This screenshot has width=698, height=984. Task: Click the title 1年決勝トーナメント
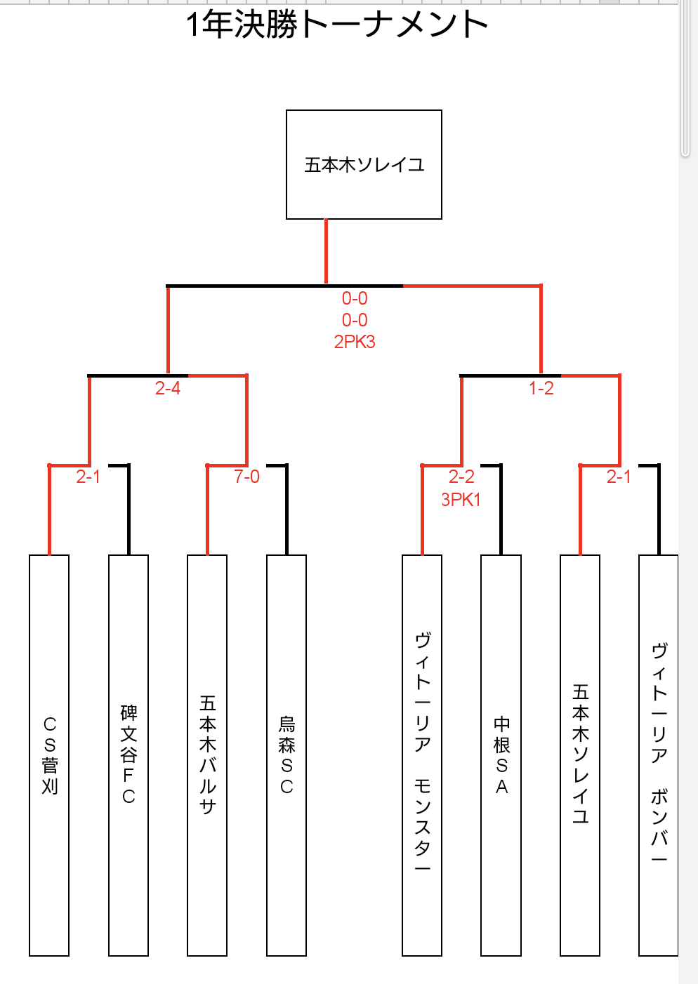(x=336, y=25)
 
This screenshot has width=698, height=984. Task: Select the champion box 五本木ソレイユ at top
(x=364, y=164)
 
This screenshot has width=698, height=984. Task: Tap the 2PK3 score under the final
(x=355, y=342)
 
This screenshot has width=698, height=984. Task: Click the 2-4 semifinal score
(x=167, y=388)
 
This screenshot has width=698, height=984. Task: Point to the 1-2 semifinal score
(x=541, y=388)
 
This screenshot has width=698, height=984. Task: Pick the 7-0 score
(x=246, y=477)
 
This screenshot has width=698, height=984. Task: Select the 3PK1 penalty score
(x=461, y=500)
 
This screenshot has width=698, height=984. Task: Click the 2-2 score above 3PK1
(x=461, y=477)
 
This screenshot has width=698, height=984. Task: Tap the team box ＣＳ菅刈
(x=49, y=755)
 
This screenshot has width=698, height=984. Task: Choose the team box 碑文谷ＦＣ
(x=129, y=755)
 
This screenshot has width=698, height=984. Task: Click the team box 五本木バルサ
(x=207, y=755)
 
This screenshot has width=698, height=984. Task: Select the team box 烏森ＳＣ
(x=286, y=755)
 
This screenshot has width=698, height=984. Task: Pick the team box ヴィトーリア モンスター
(x=422, y=755)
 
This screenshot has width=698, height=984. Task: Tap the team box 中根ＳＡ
(x=501, y=755)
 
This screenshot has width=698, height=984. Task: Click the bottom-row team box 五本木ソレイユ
(x=580, y=755)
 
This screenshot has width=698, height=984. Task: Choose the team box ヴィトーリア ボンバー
(x=659, y=755)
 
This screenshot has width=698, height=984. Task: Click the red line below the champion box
(x=326, y=251)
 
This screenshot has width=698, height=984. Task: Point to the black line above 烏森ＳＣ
(x=287, y=510)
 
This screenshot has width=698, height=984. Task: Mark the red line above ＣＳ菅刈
(x=49, y=510)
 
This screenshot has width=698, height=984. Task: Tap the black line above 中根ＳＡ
(x=501, y=510)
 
